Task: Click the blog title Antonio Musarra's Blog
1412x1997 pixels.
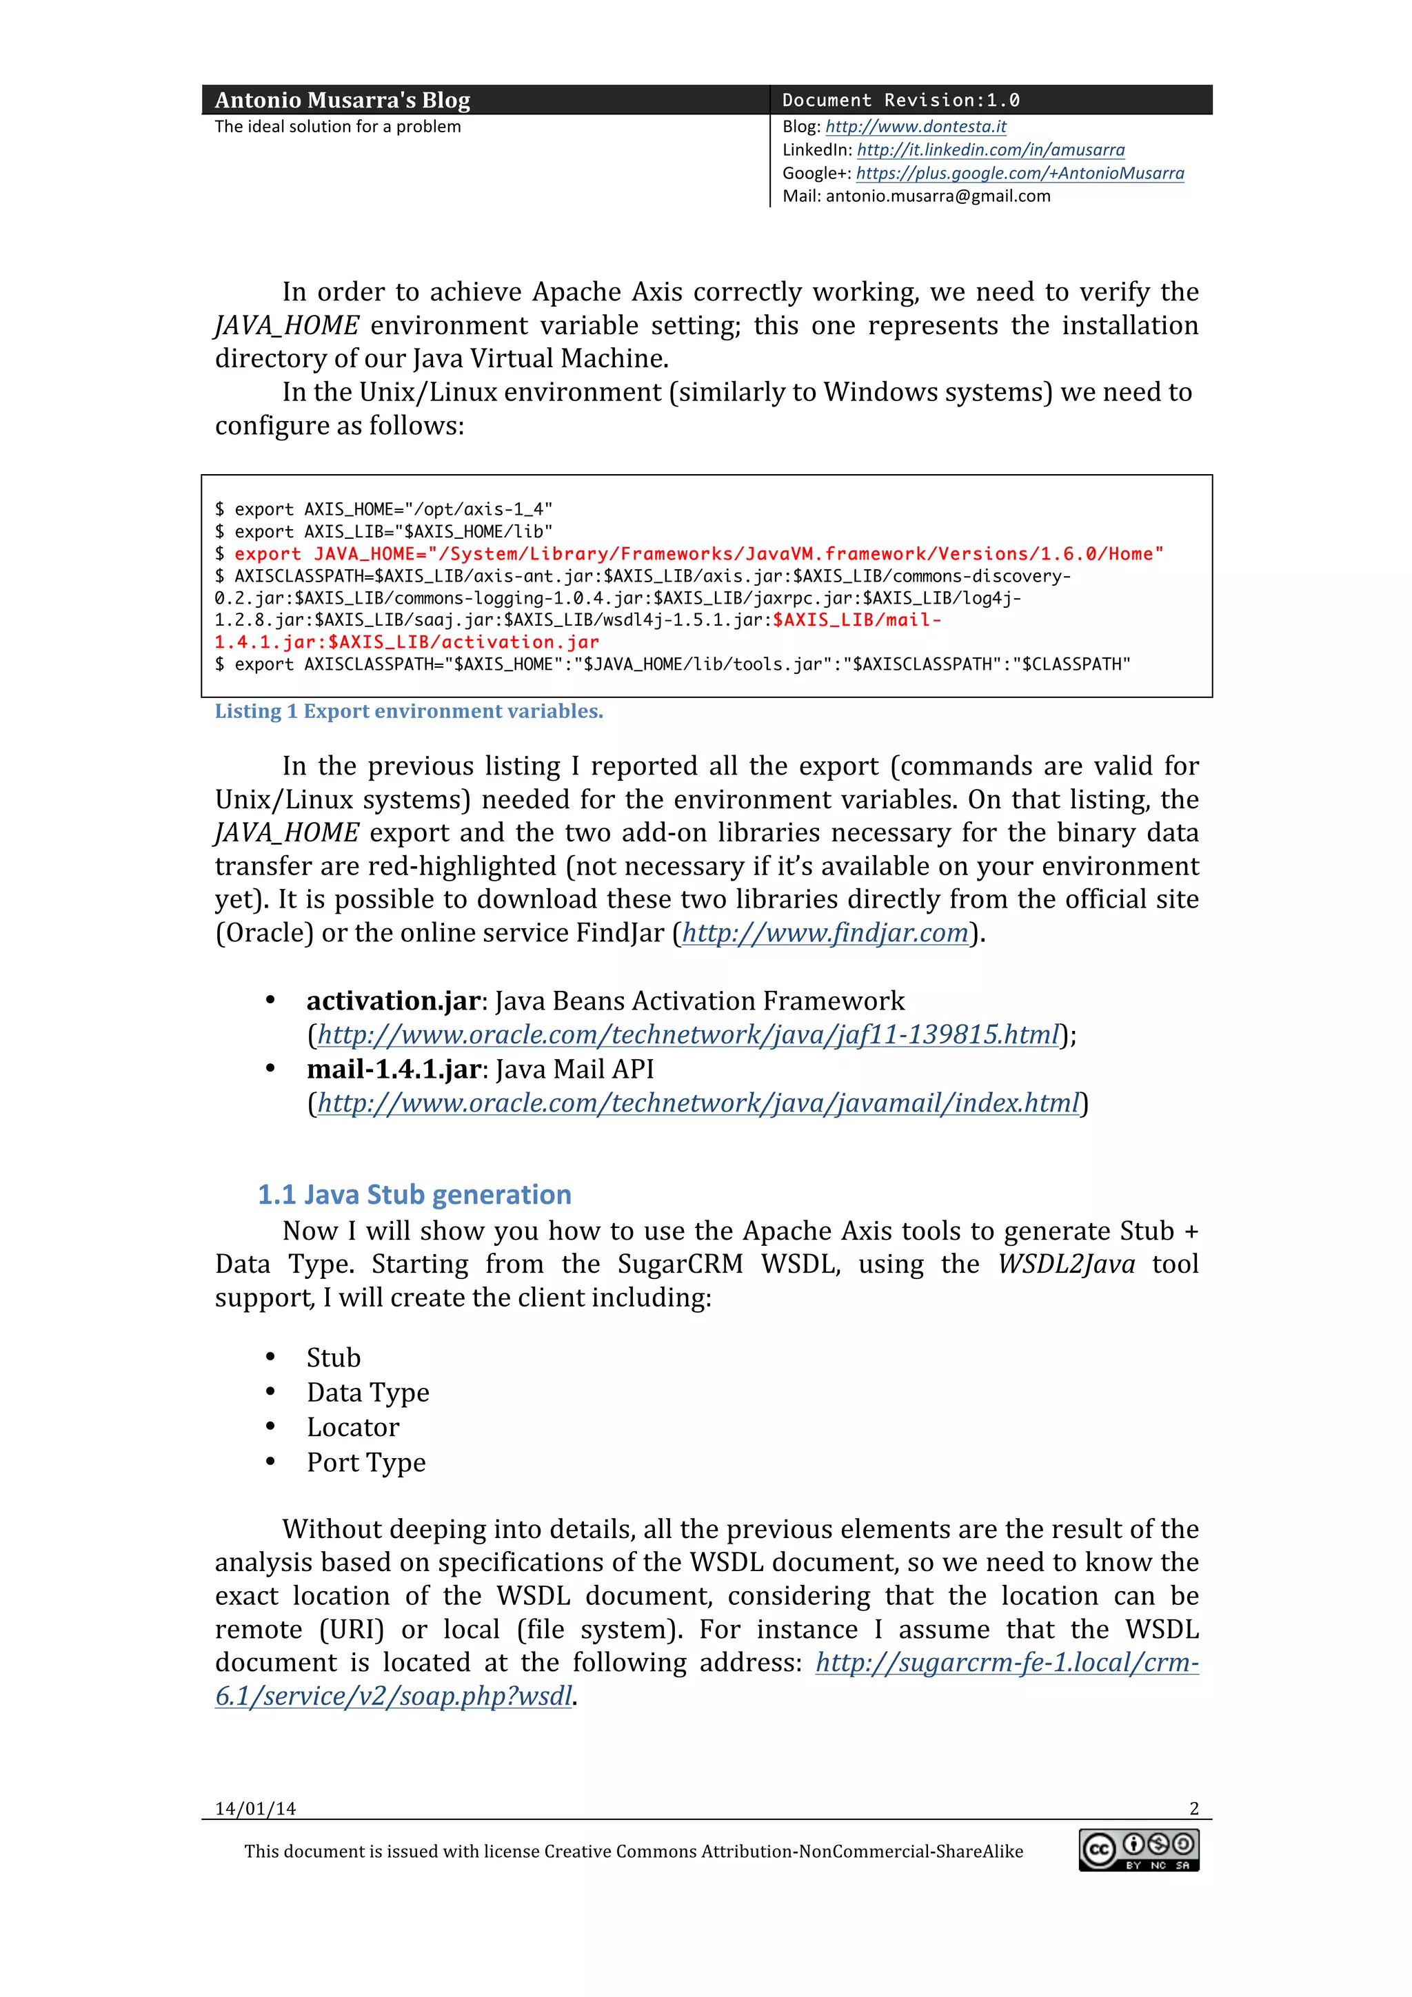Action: (342, 100)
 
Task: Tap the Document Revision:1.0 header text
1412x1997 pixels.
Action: (900, 100)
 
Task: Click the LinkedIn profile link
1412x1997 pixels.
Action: (990, 150)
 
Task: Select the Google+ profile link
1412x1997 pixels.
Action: (1020, 173)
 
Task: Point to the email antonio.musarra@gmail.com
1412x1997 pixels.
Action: (938, 196)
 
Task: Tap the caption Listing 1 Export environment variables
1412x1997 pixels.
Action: (409, 711)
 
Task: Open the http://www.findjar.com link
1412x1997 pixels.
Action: (825, 933)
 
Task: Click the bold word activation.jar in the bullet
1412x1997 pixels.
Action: (392, 1001)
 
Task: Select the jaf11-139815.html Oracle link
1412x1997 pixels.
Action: (688, 1035)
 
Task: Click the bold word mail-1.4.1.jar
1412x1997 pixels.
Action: (392, 1069)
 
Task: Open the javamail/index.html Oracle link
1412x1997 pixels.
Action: (698, 1103)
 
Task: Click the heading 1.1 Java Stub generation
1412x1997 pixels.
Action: (414, 1195)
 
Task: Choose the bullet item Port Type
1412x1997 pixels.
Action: (365, 1463)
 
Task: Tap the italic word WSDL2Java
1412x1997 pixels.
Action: (1066, 1264)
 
